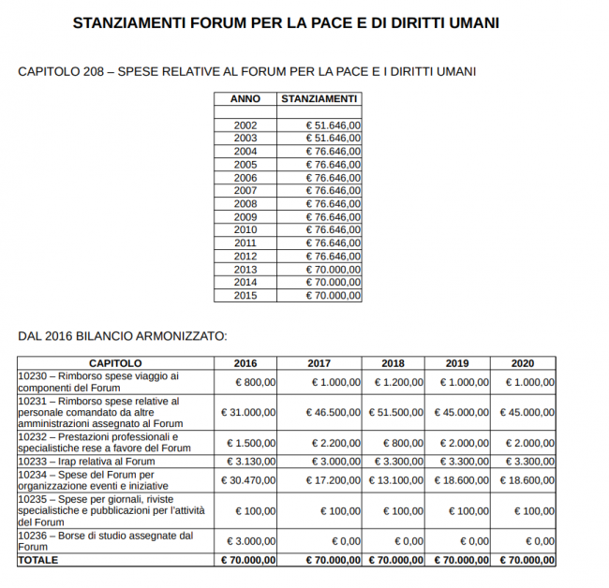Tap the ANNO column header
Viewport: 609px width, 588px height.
click(245, 98)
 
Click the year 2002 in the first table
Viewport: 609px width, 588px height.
click(245, 125)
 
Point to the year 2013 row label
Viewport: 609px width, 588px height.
click(245, 269)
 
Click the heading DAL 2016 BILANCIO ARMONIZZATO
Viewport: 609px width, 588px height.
click(123, 335)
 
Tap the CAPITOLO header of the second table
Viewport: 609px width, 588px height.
click(115, 362)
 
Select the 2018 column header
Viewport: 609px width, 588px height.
click(394, 362)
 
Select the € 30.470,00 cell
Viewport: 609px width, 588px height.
click(248, 479)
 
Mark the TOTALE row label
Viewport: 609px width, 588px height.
click(38, 559)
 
